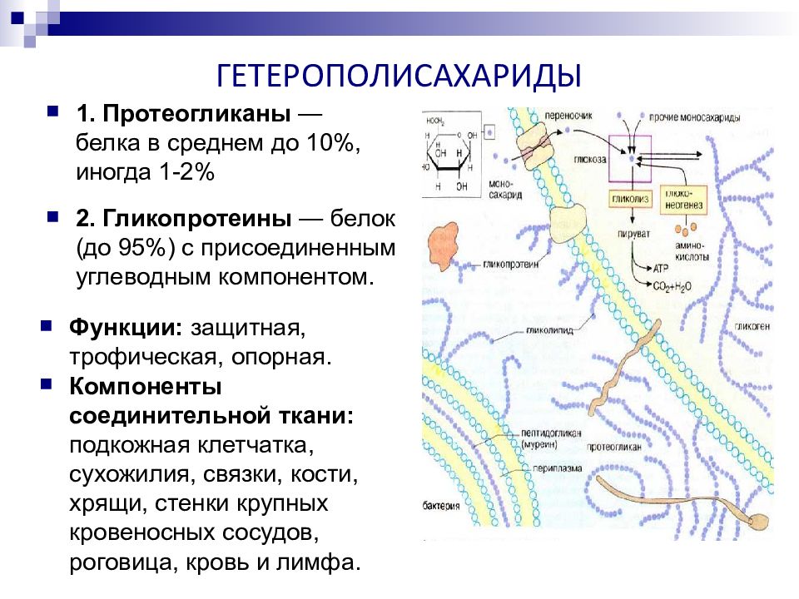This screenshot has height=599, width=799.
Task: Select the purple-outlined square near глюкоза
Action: pyautogui.click(x=635, y=157)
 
